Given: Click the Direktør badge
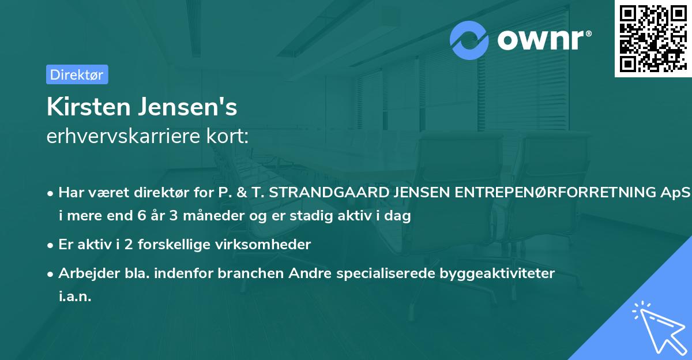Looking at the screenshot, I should (x=77, y=74).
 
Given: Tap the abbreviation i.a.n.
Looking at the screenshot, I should (x=75, y=296).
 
